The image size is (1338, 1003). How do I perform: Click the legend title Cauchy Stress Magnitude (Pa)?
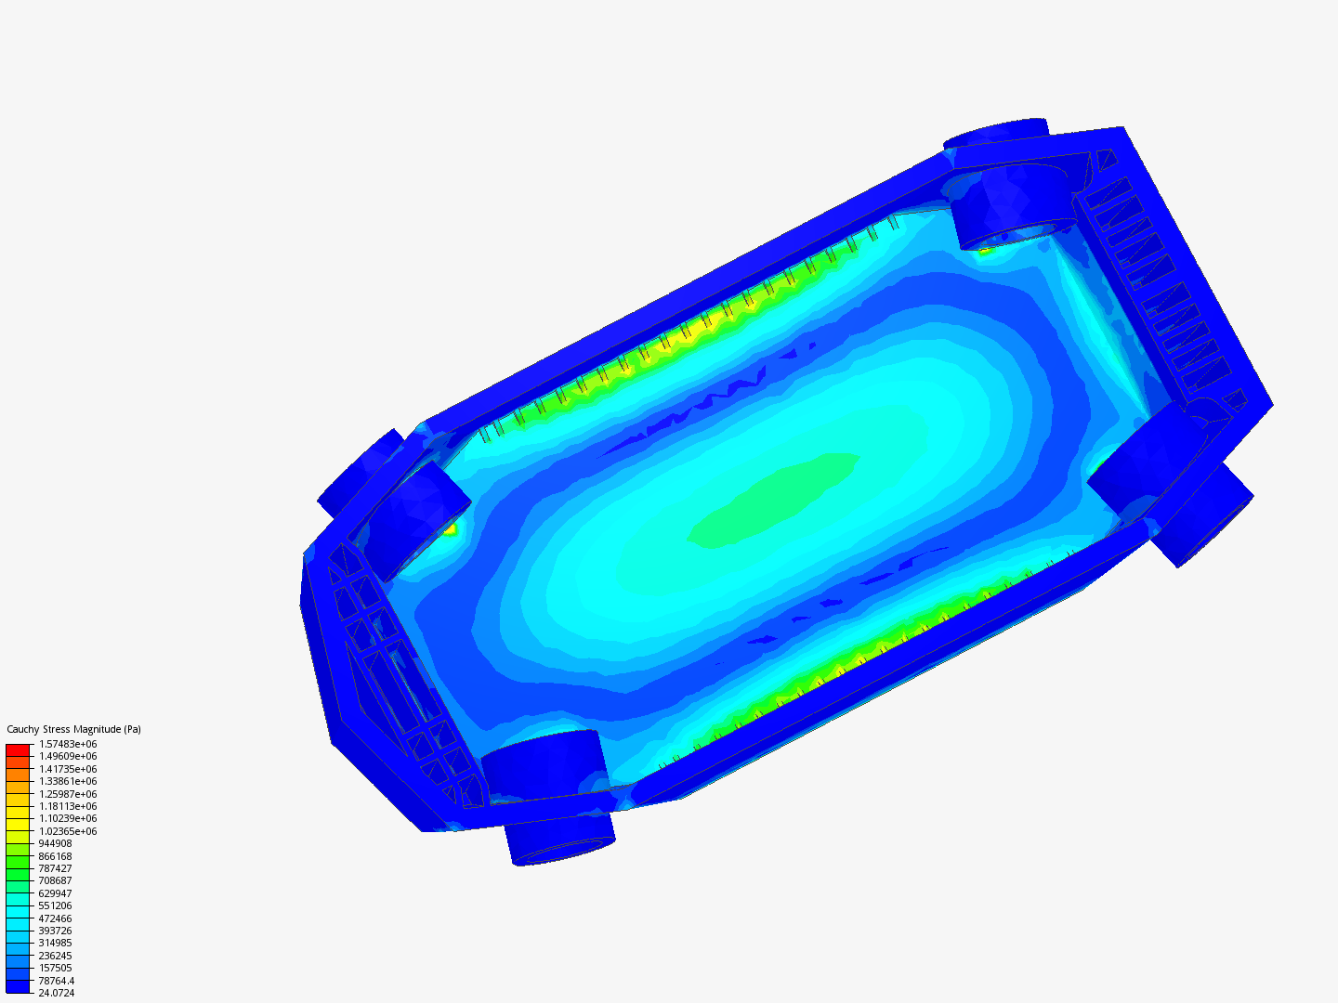pos(73,729)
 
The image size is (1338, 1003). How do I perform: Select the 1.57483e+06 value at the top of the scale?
pos(68,744)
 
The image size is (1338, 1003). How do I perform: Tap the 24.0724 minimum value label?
pos(57,993)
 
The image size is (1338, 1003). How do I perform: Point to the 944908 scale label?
pos(55,843)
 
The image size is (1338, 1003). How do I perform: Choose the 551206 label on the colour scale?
pos(55,905)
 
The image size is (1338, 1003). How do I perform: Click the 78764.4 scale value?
pos(57,981)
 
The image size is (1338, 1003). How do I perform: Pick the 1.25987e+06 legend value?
pos(68,794)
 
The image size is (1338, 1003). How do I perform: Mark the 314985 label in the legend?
pos(55,943)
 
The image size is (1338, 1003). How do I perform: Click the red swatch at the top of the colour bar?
pos(18,750)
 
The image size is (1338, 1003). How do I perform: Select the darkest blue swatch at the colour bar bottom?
pos(18,986)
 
